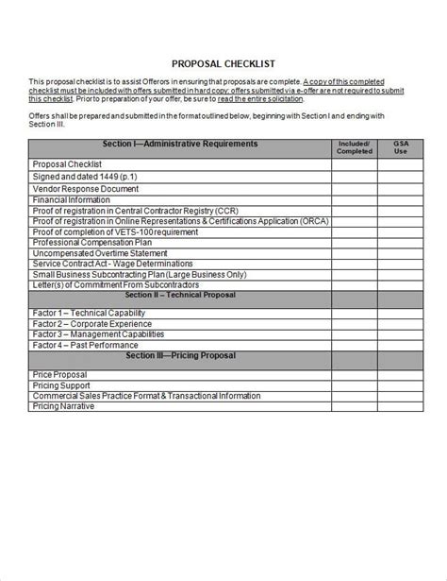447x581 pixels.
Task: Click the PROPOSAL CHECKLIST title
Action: (223, 64)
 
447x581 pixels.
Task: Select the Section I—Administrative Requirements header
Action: (179, 144)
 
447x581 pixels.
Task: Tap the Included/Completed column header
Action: (355, 146)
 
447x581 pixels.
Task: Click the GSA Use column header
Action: (401, 146)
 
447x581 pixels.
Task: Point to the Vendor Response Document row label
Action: (80, 188)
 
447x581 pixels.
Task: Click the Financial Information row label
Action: (72, 199)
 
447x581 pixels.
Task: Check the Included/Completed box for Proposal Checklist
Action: (355, 164)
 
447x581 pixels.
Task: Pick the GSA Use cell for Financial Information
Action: (401, 199)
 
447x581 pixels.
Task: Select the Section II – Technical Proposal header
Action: (179, 295)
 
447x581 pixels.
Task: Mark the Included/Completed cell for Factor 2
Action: (355, 323)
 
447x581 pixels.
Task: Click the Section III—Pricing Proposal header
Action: (179, 356)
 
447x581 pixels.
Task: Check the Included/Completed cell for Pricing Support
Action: (355, 385)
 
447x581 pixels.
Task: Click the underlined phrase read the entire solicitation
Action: (261, 99)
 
